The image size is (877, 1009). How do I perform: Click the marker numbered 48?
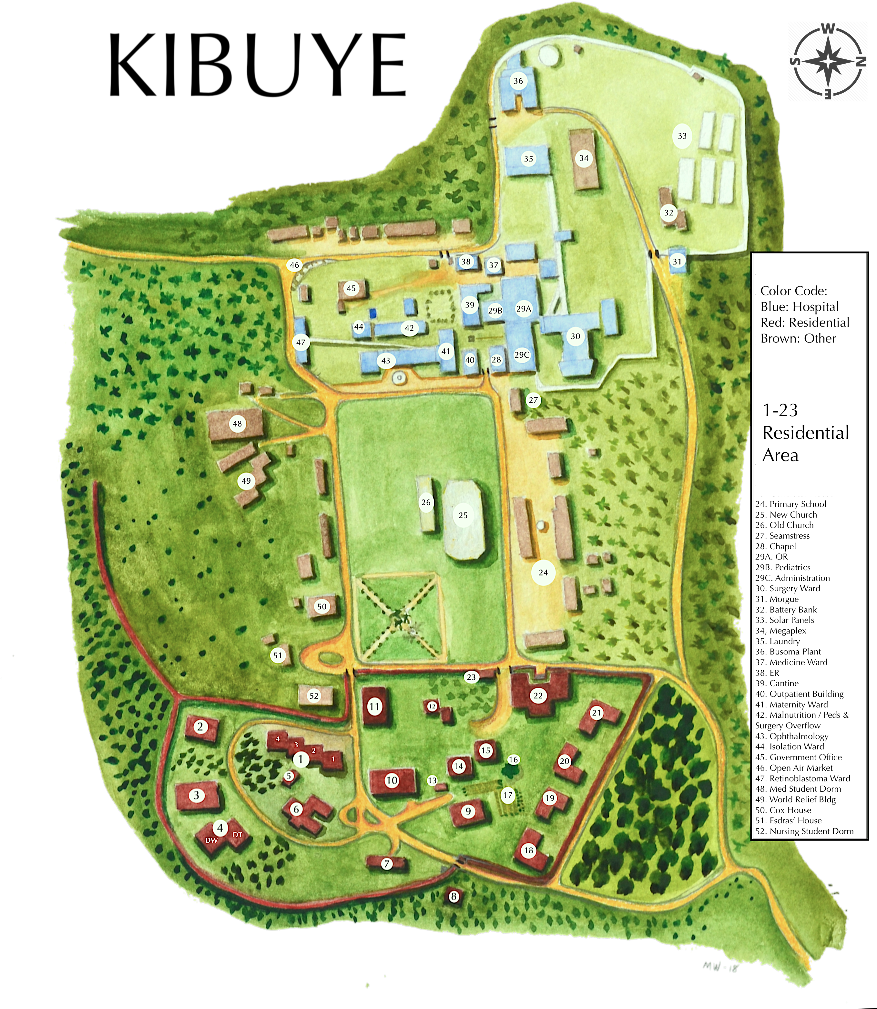237,424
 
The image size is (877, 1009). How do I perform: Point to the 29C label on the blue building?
522,355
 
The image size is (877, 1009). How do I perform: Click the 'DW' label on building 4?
211,840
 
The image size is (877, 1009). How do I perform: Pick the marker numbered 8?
454,896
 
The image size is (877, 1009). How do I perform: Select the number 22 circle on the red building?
538,696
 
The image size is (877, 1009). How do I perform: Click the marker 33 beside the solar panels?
682,136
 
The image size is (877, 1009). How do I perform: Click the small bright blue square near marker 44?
373,313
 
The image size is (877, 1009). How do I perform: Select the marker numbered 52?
314,696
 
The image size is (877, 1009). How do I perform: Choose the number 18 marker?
528,850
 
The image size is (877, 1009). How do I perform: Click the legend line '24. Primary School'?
790,504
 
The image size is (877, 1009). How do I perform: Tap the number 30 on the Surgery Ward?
576,336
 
